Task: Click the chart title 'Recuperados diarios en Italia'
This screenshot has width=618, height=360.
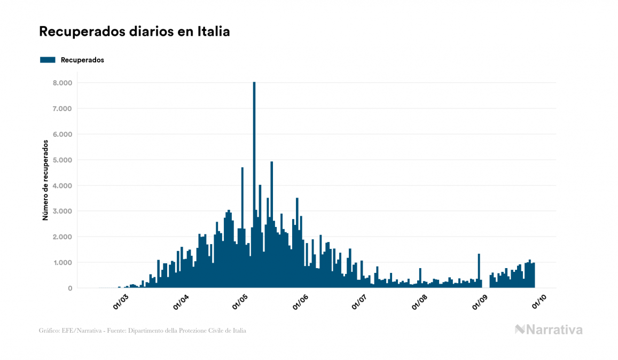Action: pos(134,32)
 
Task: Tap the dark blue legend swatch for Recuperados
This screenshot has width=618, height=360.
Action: pos(48,60)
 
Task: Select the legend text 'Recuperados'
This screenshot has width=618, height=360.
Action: pos(82,60)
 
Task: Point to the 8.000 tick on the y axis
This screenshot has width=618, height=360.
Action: pos(61,83)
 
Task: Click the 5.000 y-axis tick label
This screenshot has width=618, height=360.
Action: pos(61,160)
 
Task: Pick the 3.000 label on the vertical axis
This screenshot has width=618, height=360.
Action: pos(61,211)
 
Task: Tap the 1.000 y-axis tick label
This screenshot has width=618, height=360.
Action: pos(61,262)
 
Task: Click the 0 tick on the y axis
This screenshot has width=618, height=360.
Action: pos(69,288)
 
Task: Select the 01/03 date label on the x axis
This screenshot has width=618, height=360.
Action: pos(120,302)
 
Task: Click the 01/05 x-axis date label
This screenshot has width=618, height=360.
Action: pos(240,302)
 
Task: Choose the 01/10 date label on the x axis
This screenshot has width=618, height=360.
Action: pos(539,302)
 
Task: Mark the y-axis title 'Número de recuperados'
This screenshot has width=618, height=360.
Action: pos(46,181)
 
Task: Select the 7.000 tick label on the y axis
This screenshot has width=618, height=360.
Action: pos(61,108)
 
